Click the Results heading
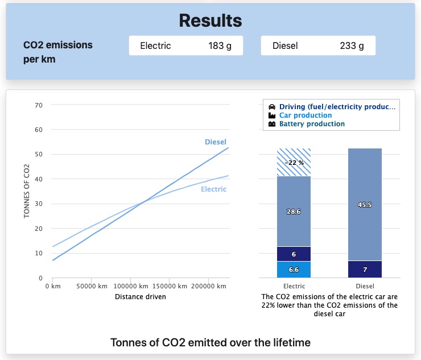click(210, 21)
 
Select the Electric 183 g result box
click(186, 46)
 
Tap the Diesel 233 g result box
click(318, 46)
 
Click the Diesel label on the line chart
click(216, 142)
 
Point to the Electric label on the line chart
click(213, 189)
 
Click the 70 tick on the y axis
click(39, 105)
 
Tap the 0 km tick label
click(52, 286)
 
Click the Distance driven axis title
click(141, 296)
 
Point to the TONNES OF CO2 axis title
click(27, 191)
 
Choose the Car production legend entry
click(306, 115)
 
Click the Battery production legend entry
click(312, 124)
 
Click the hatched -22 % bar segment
click(294, 162)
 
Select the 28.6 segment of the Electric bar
click(294, 211)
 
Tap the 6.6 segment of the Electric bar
click(294, 269)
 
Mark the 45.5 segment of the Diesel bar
click(365, 205)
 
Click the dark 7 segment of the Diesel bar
click(365, 269)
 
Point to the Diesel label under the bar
click(365, 286)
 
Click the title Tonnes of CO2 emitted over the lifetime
click(210, 342)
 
